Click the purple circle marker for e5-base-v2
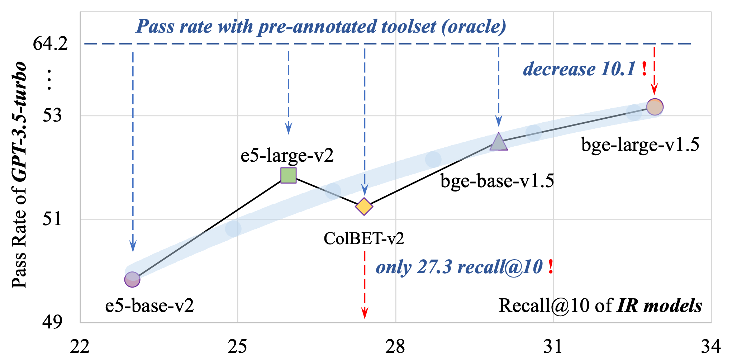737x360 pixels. coord(132,279)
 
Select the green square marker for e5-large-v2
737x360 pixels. coord(289,175)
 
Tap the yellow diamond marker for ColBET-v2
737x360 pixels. coord(364,207)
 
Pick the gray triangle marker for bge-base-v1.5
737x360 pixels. coord(499,142)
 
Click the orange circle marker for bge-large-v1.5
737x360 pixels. coord(655,107)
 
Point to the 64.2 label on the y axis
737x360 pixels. coord(50,44)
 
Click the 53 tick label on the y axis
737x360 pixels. coord(52,115)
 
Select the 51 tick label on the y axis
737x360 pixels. coord(52,219)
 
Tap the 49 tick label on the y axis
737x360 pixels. coord(52,322)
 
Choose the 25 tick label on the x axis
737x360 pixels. coord(237,347)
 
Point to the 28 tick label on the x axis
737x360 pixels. coord(395,347)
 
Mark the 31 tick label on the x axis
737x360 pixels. coord(553,347)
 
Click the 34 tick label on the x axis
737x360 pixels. coord(711,347)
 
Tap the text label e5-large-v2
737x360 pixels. coord(287,156)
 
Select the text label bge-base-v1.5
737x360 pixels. coord(497,181)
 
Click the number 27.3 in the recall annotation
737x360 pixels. coord(434,267)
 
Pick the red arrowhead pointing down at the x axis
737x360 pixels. coord(365,313)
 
